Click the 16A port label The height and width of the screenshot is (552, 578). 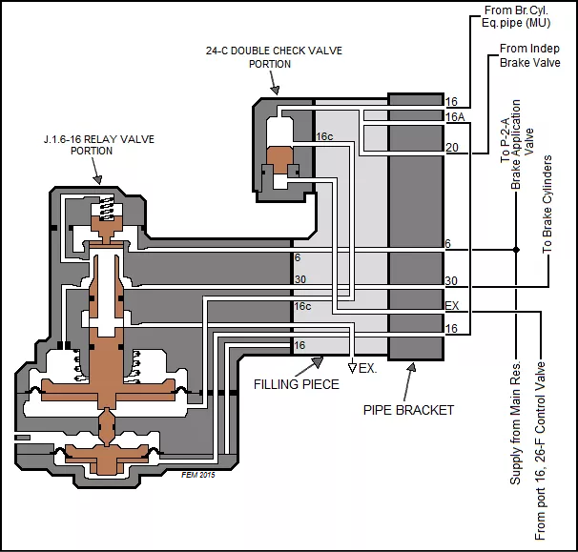click(x=455, y=115)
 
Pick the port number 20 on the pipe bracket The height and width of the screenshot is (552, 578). click(x=452, y=147)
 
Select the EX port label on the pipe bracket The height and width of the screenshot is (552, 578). click(x=452, y=305)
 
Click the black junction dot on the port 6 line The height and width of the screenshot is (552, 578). click(x=516, y=251)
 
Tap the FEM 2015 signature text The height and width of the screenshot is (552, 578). click(x=197, y=473)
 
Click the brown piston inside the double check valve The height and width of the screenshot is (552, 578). click(x=282, y=161)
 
